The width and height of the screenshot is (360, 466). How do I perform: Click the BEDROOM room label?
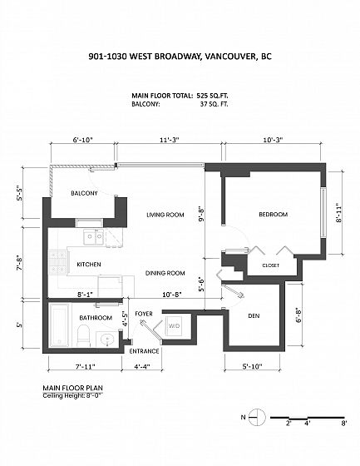coord(273,215)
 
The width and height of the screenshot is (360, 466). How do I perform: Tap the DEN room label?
coord(254,316)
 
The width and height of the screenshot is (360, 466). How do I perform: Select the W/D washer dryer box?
coord(174,326)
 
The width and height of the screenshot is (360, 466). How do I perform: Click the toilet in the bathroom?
coord(83,335)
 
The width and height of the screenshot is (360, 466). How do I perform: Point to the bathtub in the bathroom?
coord(59,325)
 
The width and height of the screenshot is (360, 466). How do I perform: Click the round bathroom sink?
coord(106,340)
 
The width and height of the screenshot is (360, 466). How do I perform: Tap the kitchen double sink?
coord(93,237)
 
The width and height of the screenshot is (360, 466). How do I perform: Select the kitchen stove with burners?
coord(57,262)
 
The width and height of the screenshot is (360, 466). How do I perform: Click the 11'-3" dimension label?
coord(170,140)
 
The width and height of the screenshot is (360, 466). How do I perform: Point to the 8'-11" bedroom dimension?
coord(339,213)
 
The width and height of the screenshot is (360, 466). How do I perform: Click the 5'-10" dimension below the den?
coord(252,366)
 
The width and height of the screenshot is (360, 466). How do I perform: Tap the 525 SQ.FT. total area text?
coord(212,96)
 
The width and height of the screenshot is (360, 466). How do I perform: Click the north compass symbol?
coord(256,417)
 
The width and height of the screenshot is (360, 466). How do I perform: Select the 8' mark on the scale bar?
coord(344,423)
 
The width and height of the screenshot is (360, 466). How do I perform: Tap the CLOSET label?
coord(270,265)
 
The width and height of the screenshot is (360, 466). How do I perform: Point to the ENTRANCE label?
coord(144,351)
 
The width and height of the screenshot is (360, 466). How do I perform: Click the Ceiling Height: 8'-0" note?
coord(73,395)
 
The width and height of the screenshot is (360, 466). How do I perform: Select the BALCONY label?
coord(84,193)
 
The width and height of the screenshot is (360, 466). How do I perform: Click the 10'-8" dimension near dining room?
coord(172,295)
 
